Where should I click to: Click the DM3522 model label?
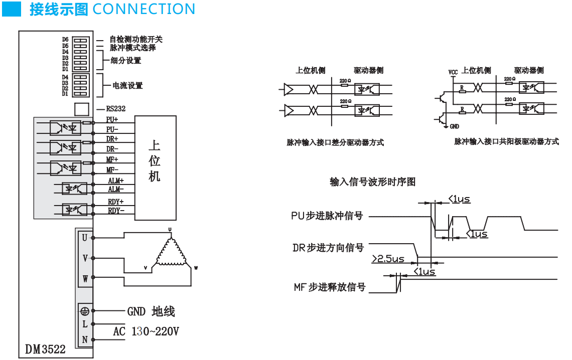tap(46, 349)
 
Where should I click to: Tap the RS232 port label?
tap(115, 108)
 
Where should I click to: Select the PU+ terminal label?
tap(112, 120)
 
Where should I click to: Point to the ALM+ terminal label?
tap(115, 181)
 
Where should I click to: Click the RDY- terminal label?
tap(116, 211)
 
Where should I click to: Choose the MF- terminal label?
tap(112, 169)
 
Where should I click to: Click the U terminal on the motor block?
tap(85, 238)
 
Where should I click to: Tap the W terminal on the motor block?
tap(85, 279)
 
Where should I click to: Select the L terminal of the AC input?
tap(85, 324)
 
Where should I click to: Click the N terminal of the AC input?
tap(85, 339)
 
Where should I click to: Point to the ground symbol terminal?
tap(84, 311)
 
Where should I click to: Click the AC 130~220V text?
tap(146, 331)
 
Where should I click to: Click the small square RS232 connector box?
tap(81, 109)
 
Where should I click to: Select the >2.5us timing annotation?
tap(388, 259)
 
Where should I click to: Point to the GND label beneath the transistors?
tap(455, 126)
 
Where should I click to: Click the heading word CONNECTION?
tap(144, 9)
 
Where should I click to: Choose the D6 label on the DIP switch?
tap(65, 39)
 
